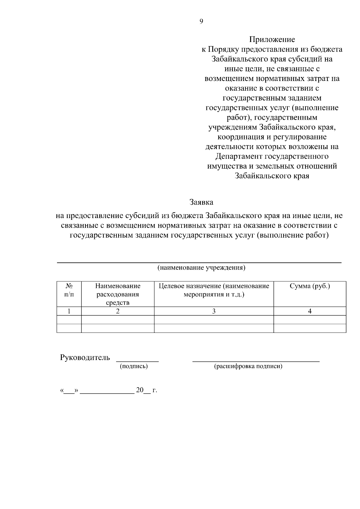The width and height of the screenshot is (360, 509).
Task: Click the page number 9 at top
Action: [201, 21]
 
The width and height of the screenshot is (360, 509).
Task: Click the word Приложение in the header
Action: [272, 40]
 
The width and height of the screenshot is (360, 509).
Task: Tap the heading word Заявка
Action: [201, 202]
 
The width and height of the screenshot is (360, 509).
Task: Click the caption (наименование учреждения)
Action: [201, 268]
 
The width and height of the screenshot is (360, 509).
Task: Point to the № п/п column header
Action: [69, 290]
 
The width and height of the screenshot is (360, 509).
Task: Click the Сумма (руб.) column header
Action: [310, 286]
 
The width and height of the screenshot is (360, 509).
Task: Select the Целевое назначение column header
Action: [214, 290]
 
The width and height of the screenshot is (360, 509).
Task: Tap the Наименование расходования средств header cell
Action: [118, 294]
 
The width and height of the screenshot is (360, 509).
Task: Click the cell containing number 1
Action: [69, 311]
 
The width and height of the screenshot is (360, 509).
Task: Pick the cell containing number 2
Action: [118, 311]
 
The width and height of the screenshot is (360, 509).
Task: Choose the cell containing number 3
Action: [214, 311]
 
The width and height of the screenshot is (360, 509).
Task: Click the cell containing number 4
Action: [310, 311]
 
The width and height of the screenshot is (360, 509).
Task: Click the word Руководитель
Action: [85, 358]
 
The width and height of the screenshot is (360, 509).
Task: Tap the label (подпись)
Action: [134, 366]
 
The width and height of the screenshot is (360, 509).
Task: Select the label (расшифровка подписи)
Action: [248, 366]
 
